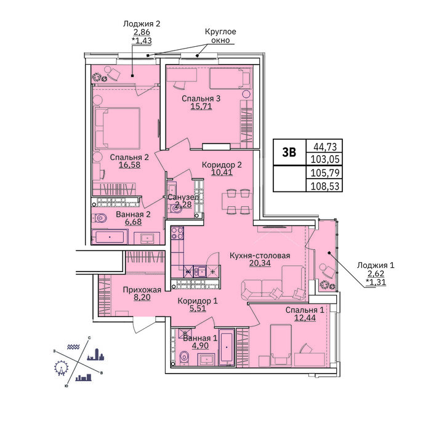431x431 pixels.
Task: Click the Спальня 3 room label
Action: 201,99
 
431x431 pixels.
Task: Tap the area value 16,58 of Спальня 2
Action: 129,164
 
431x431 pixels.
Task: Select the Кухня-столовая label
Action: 260,256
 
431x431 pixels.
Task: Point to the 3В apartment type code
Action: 289,152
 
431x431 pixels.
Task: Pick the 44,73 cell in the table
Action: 325,147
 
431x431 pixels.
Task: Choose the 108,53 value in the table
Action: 325,186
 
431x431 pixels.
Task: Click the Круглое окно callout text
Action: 220,36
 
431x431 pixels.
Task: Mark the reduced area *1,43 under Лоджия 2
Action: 142,41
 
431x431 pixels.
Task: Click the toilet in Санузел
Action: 175,209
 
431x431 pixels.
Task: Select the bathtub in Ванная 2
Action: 110,237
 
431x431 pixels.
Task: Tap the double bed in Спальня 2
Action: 117,128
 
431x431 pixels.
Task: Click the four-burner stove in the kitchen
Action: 177,233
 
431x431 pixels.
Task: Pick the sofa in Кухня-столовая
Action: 273,283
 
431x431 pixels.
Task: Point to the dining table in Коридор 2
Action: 237,201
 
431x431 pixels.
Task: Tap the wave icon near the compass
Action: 73,347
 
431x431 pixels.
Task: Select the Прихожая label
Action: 142,289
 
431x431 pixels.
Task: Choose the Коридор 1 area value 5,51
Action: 198,308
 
